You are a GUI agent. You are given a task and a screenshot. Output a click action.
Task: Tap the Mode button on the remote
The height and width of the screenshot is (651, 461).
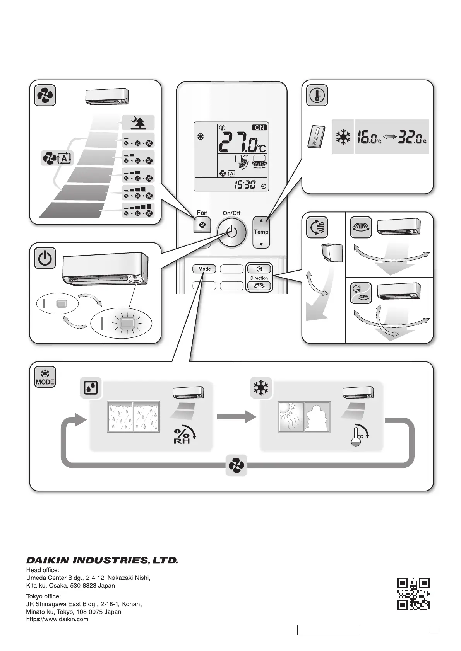point(204,269)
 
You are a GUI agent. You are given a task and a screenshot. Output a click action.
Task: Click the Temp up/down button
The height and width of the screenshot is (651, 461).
point(261,232)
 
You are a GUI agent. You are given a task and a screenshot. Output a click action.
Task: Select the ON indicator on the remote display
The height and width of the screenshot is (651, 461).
point(259,128)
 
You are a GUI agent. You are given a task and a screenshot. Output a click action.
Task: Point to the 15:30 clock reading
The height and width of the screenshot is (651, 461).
point(245,185)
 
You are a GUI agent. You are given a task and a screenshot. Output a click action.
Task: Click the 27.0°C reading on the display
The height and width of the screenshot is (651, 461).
point(242,142)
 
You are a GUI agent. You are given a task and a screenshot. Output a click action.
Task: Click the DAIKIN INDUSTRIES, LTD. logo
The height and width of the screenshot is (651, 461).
point(102,560)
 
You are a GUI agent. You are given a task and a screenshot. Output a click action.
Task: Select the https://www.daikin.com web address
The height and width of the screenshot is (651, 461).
point(57,619)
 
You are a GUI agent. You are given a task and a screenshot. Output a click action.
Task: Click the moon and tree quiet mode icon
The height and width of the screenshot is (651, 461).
point(138,123)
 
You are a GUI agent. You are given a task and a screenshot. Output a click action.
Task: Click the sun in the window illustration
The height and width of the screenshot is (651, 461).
point(286,409)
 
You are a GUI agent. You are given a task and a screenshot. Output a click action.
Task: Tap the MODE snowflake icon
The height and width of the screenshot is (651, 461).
point(45,377)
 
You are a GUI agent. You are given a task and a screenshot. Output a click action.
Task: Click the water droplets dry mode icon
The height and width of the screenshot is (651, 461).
point(91,388)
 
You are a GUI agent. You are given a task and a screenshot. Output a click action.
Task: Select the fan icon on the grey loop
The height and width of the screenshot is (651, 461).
point(236,465)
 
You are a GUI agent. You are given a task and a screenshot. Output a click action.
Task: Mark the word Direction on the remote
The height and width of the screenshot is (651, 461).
point(259,278)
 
